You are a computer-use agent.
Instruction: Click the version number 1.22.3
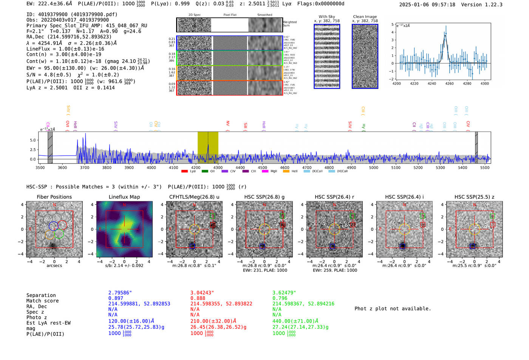pyautogui.click(x=491, y=5)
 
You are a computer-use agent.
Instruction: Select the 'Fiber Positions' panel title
pyautogui.click(x=54, y=197)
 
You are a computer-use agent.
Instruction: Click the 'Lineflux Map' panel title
pyautogui.click(x=124, y=197)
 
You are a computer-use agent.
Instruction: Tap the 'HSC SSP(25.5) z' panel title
pyautogui.click(x=474, y=197)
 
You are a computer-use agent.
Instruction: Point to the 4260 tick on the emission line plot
pyautogui.click(x=449, y=83)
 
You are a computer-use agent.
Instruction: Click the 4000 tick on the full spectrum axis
pyautogui.click(x=151, y=168)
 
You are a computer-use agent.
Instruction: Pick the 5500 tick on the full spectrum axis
pyautogui.click(x=485, y=168)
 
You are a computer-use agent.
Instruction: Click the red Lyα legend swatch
pyautogui.click(x=184, y=172)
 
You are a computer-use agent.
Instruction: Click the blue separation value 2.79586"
pyautogui.click(x=120, y=293)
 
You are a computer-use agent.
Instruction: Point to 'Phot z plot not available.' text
pyautogui.click(x=393, y=309)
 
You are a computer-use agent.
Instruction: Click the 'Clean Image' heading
pyautogui.click(x=365, y=17)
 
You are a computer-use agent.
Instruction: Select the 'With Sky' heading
pyautogui.click(x=326, y=17)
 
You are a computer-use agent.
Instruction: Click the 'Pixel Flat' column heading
pyautogui.click(x=230, y=15)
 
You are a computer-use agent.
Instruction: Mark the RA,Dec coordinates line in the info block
pyautogui.click(x=69, y=37)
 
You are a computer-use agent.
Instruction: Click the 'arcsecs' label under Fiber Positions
pyautogui.click(x=54, y=266)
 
